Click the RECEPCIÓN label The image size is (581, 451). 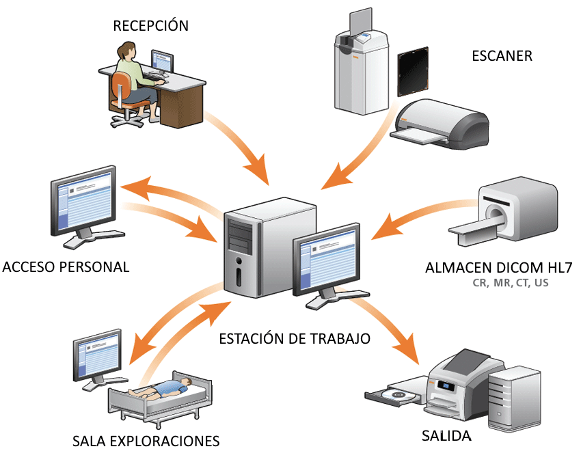pos(150,26)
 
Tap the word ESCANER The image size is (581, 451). pos(502,56)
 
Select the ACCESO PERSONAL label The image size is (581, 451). pos(66,266)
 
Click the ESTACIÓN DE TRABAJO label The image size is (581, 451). pos(295,338)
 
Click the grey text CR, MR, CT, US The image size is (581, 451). pos(511,282)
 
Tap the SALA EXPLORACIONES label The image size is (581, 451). pos(146,439)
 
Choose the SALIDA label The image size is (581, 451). pos(446,436)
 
